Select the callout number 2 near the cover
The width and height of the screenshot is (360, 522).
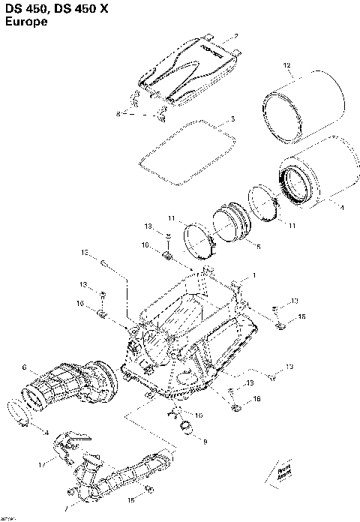pos(235,36)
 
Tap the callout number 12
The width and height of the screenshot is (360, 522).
pos(286,67)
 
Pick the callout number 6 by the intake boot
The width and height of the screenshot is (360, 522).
pos(25,367)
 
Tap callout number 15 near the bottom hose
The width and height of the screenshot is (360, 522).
pos(131,499)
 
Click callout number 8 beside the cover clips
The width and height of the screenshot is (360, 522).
pos(118,113)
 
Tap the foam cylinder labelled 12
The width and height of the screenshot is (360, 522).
pos(304,105)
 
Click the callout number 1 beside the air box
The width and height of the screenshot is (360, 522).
pos(253,275)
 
